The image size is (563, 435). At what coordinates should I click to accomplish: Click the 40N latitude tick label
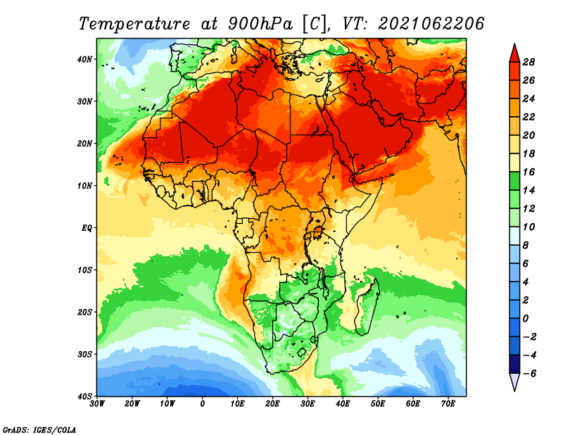click(84, 59)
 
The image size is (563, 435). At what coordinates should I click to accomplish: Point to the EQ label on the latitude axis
click(87, 228)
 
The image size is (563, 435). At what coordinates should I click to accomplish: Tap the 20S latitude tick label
click(84, 312)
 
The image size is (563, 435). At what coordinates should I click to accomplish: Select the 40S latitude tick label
click(84, 396)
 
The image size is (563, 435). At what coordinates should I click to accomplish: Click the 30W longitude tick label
click(97, 404)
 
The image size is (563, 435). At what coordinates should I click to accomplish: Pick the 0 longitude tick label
click(203, 404)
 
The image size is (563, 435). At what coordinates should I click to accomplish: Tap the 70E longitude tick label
click(448, 404)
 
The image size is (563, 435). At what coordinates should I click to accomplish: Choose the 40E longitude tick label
click(343, 404)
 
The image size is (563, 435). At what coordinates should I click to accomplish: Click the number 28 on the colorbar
click(529, 62)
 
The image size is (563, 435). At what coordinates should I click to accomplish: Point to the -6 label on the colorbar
click(528, 374)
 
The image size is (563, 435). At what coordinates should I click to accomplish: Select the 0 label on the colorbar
click(526, 319)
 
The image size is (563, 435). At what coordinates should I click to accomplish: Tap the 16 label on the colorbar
click(529, 172)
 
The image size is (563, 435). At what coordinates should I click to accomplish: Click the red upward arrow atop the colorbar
click(514, 53)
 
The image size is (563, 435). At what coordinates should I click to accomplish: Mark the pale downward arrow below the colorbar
click(514, 382)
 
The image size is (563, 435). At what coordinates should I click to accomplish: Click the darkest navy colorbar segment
click(514, 364)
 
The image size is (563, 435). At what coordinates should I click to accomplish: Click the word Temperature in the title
click(134, 24)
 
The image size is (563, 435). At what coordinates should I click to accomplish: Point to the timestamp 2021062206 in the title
click(431, 24)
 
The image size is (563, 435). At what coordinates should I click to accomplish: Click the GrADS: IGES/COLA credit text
click(39, 430)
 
